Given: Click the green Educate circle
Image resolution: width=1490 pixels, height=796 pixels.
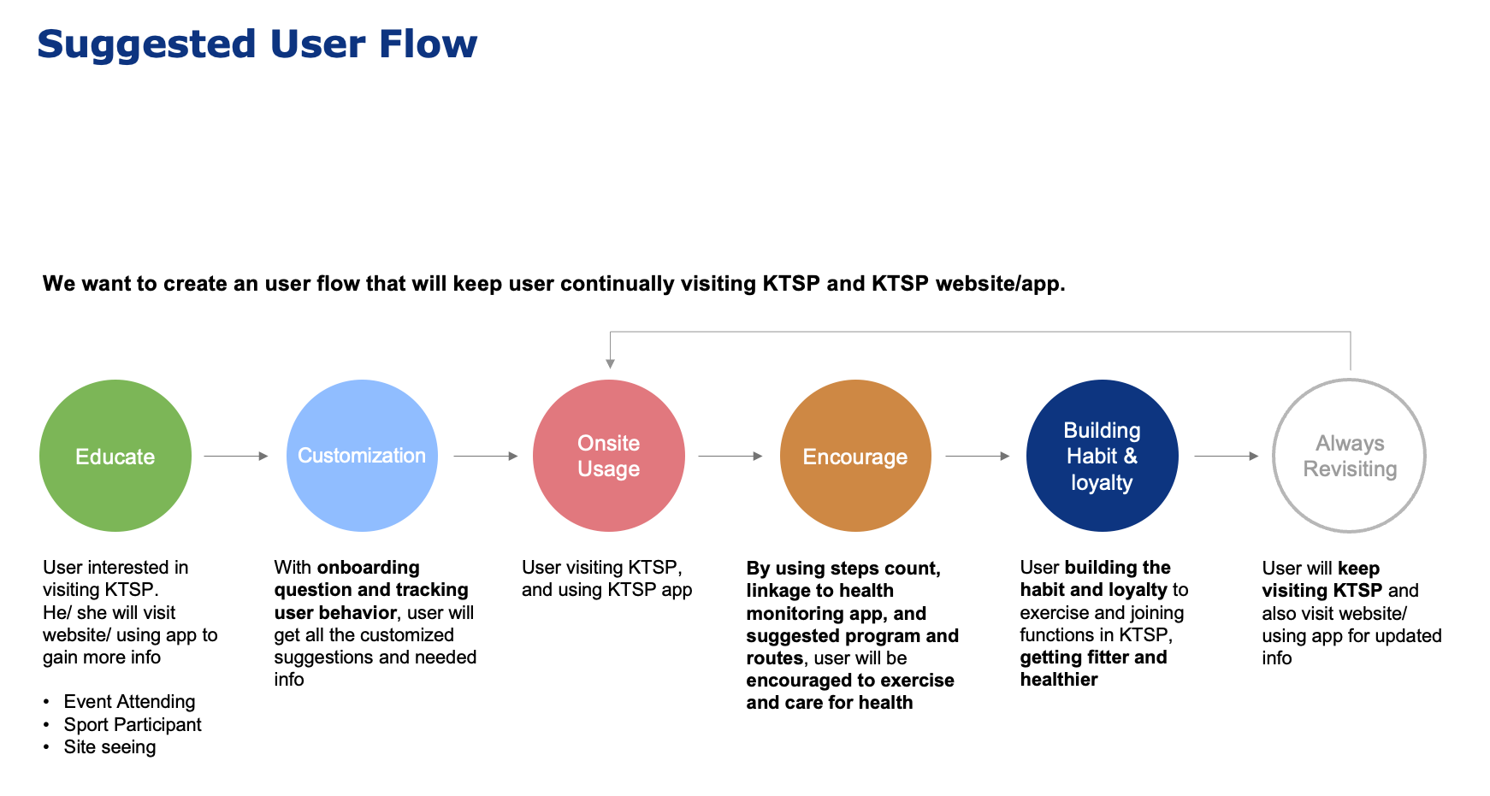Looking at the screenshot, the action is pos(115,456).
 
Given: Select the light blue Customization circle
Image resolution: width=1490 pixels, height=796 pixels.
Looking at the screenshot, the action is pos(362,456).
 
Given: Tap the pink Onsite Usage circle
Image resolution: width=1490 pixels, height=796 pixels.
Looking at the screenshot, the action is pos(609,456).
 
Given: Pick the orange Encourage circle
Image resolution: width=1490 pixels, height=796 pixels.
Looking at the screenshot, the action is pos(855,456).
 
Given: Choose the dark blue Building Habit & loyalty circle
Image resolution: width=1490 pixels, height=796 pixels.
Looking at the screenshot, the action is pos(1102,456).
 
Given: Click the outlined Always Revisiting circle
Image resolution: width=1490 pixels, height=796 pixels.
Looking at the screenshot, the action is pos(1350,381).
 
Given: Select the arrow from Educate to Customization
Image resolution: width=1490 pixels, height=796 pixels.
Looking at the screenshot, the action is pos(236,456).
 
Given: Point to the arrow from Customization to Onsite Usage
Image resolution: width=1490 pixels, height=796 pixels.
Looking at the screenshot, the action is pos(486,456).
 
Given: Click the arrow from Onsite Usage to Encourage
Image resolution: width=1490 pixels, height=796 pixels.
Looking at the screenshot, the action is pos(730,456).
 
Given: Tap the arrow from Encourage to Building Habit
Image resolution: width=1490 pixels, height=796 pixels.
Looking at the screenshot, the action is pos(978,456).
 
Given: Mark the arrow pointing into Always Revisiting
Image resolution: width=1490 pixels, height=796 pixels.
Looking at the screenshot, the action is pos(1227,456).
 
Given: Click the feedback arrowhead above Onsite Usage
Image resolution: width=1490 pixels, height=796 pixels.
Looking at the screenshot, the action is pos(610,363).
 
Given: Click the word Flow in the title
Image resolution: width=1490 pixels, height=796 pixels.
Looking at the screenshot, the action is pos(429,44).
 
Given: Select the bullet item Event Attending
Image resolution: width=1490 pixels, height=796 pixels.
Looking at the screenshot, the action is pos(129,702).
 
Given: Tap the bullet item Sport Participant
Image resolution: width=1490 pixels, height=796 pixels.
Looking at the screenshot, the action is pos(133,724).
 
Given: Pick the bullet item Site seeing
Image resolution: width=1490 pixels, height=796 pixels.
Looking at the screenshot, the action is pos(109,746).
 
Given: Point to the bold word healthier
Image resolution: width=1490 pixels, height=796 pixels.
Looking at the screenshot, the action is pos(1059,679).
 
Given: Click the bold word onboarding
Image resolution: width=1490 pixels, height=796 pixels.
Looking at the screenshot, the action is pos(368,568).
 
